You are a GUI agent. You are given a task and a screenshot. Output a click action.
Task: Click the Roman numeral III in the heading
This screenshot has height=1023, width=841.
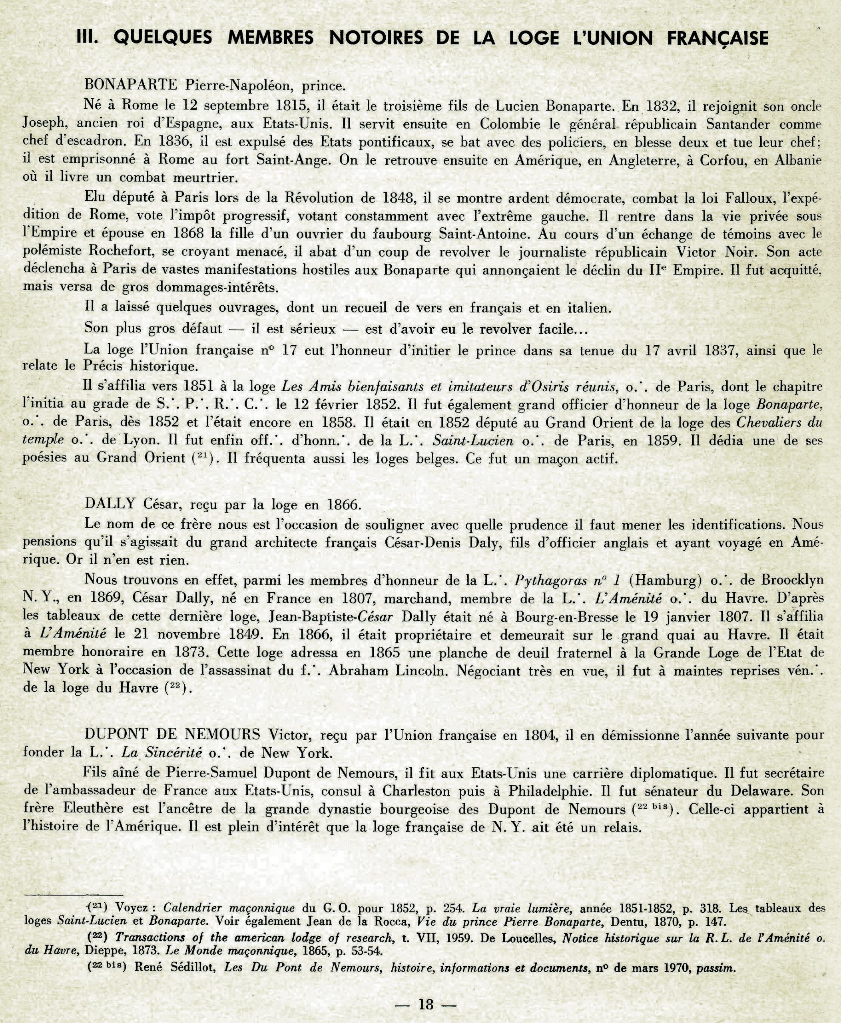click(88, 38)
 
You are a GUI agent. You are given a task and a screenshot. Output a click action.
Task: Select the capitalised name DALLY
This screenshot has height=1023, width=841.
click(110, 504)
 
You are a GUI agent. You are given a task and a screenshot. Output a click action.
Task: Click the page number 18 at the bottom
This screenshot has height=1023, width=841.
click(426, 1004)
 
